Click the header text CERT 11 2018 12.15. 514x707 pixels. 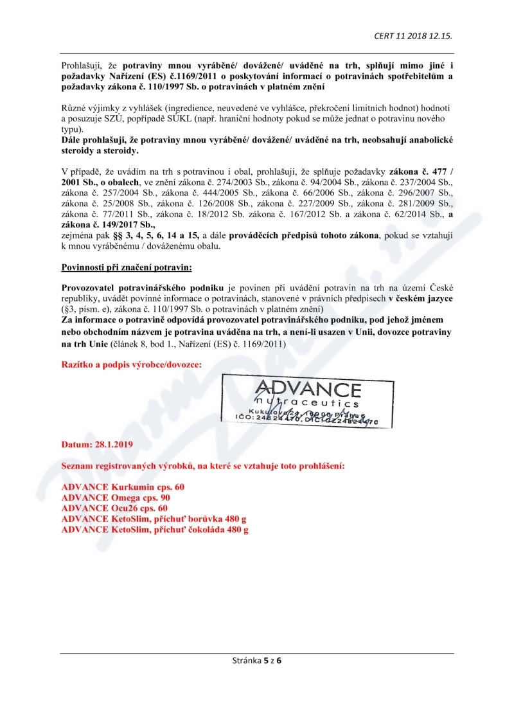click(417, 35)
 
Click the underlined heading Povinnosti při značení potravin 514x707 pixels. click(118, 266)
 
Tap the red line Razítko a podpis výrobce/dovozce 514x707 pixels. click(131, 364)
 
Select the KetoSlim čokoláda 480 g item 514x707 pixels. click(155, 530)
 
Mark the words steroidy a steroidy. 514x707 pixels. click(100, 150)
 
